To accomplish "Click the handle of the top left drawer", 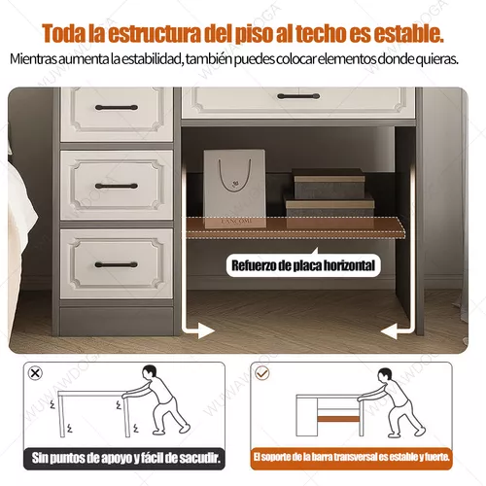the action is click(x=117, y=108).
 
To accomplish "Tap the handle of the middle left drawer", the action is click(x=117, y=186).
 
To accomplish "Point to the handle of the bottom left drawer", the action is click(x=117, y=264).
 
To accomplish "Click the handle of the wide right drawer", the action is click(x=298, y=96).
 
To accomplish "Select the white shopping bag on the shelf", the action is click(x=234, y=188).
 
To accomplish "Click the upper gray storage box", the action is click(x=329, y=183).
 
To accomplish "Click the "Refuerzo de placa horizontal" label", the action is click(x=303, y=265).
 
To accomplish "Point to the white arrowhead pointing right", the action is click(x=206, y=330).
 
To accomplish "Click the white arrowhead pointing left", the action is click(x=389, y=331).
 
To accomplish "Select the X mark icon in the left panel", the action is click(x=35, y=373).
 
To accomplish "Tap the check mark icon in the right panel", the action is click(x=262, y=373).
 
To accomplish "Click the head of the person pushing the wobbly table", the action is click(x=150, y=373).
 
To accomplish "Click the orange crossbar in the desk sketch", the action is click(x=338, y=419).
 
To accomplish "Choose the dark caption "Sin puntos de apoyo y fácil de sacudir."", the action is click(x=124, y=458).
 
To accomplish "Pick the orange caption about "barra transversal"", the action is click(x=351, y=458).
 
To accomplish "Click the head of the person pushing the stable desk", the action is click(x=386, y=376).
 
